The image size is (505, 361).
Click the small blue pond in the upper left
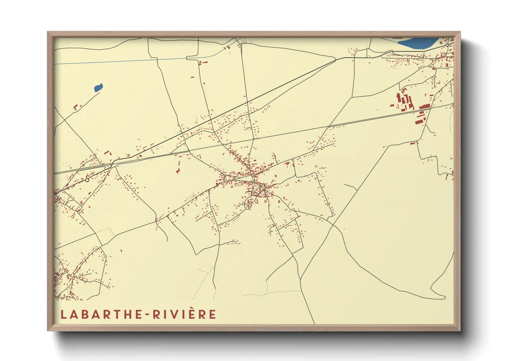(x=98, y=88)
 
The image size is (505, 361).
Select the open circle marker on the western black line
(x=87, y=180)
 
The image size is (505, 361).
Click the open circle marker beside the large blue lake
(x=447, y=45)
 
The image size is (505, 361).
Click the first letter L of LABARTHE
(x=63, y=314)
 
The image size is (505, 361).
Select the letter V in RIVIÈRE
(x=176, y=314)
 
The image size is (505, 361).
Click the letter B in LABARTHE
(x=85, y=314)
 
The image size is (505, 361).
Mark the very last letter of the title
(x=212, y=314)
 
